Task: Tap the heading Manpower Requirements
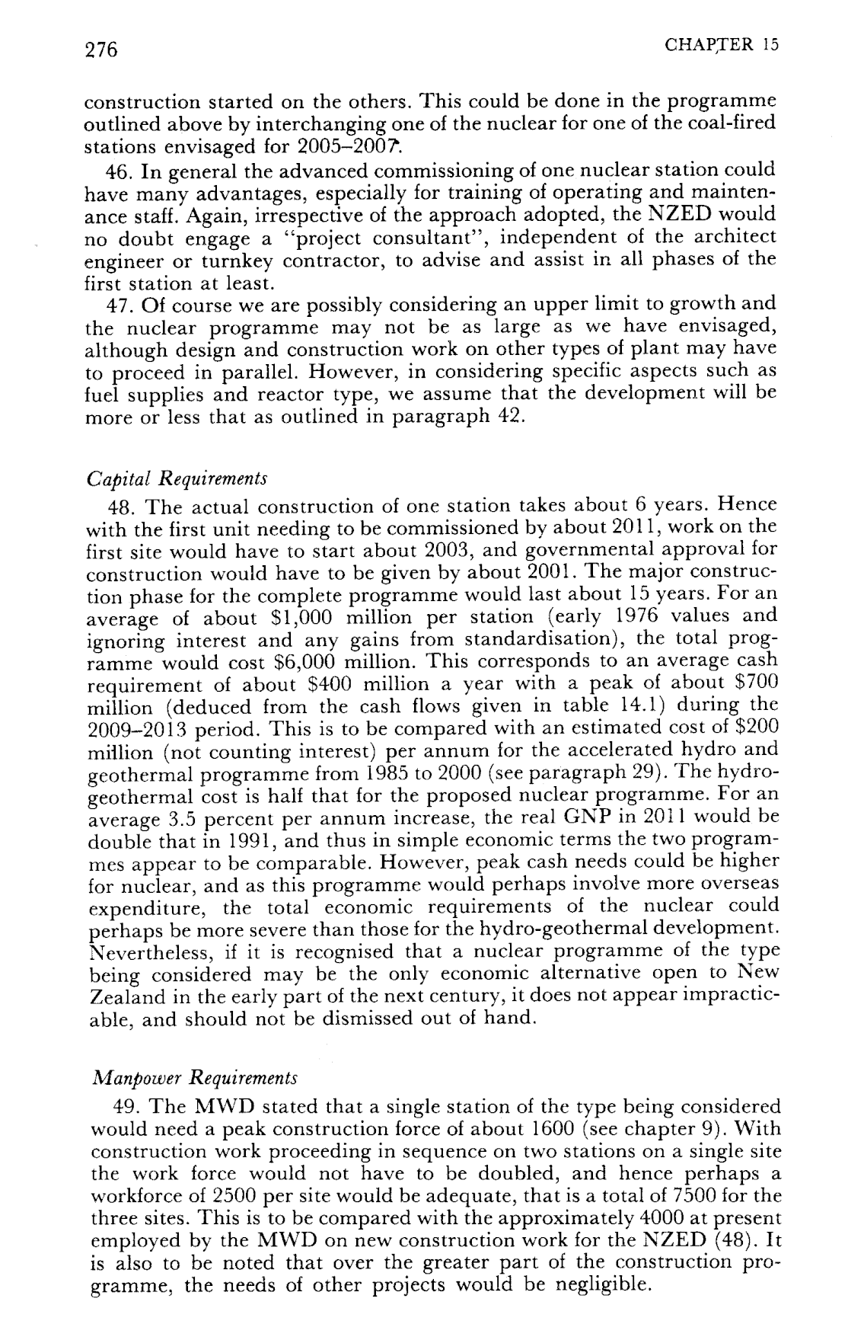[193, 1079]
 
